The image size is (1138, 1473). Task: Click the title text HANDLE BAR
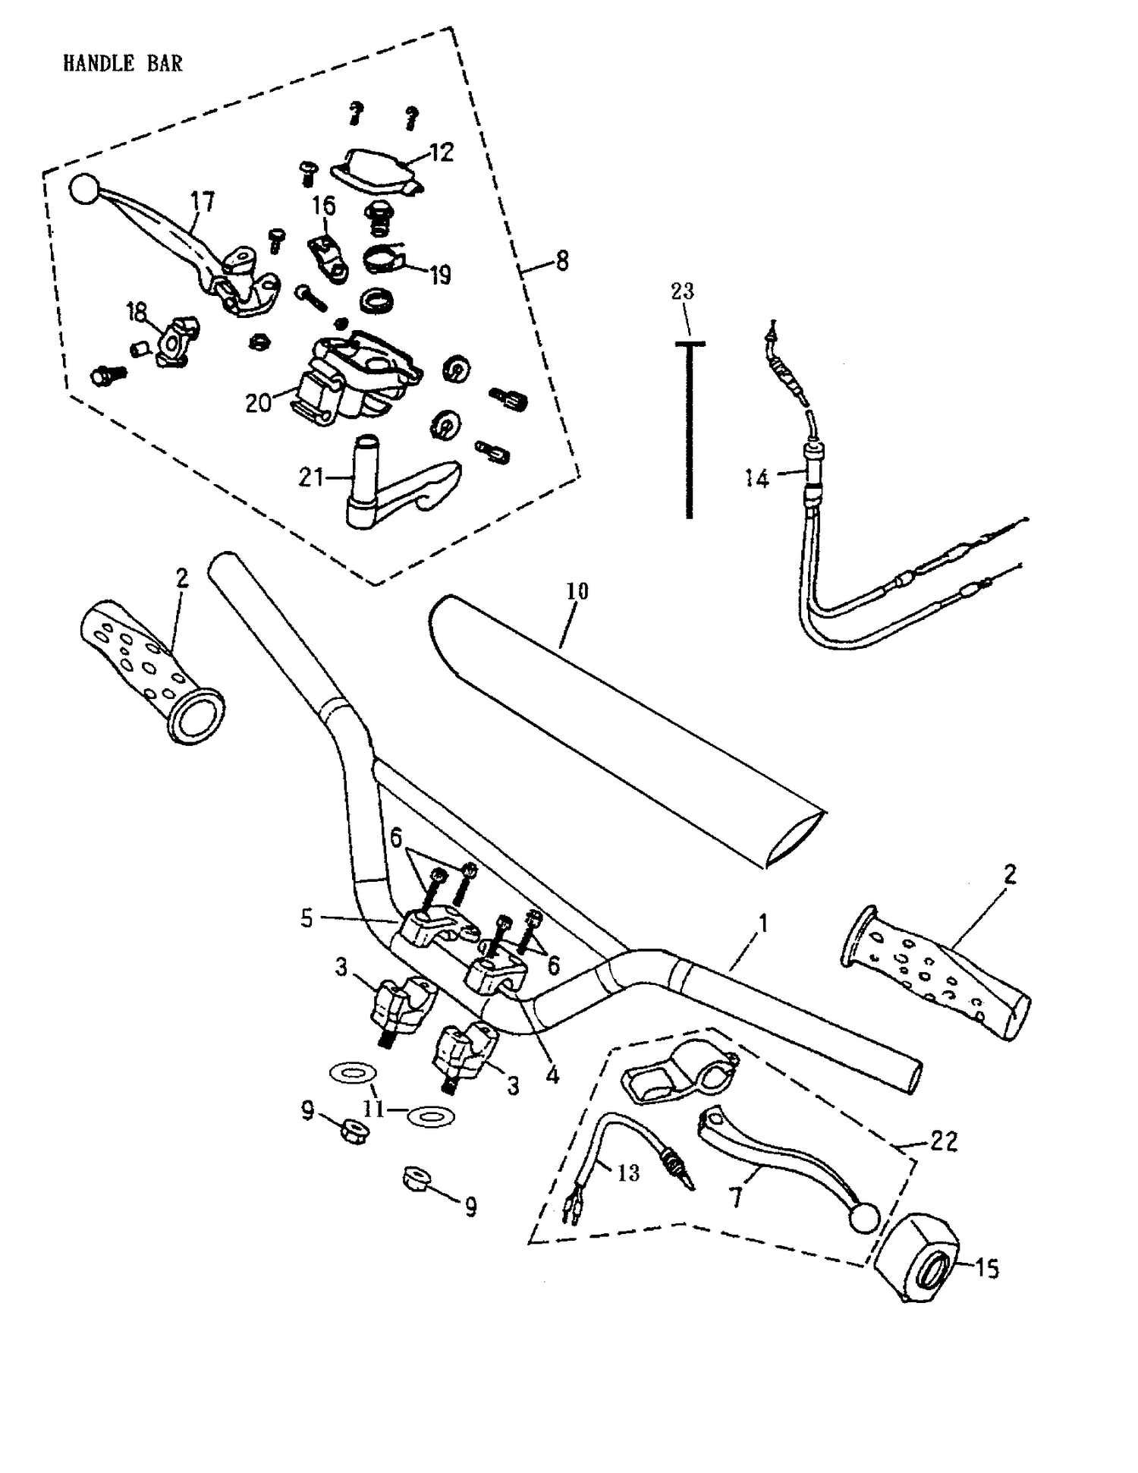[x=123, y=64]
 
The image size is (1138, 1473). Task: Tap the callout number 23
[x=682, y=291]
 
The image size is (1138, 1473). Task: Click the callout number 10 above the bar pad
[x=577, y=591]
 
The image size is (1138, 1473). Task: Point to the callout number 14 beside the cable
[x=756, y=479]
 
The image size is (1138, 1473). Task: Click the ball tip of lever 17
[x=84, y=190]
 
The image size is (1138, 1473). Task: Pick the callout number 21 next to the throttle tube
[x=311, y=478]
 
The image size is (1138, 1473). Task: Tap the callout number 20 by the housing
[x=258, y=402]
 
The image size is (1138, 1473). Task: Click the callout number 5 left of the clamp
[x=307, y=918]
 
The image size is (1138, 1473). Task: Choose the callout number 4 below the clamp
[x=552, y=1075]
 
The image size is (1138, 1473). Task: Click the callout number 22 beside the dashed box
[x=944, y=1141]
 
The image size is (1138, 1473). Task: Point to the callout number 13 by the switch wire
[x=628, y=1173]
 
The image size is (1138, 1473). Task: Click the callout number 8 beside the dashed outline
[x=561, y=262]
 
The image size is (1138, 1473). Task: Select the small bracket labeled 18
[x=173, y=342]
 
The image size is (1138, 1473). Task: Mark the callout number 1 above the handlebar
[x=763, y=924]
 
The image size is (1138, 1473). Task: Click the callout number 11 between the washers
[x=373, y=1109]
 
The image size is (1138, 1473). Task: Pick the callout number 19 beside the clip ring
[x=441, y=275]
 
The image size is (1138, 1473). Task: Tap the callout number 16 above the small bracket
[x=323, y=206]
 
